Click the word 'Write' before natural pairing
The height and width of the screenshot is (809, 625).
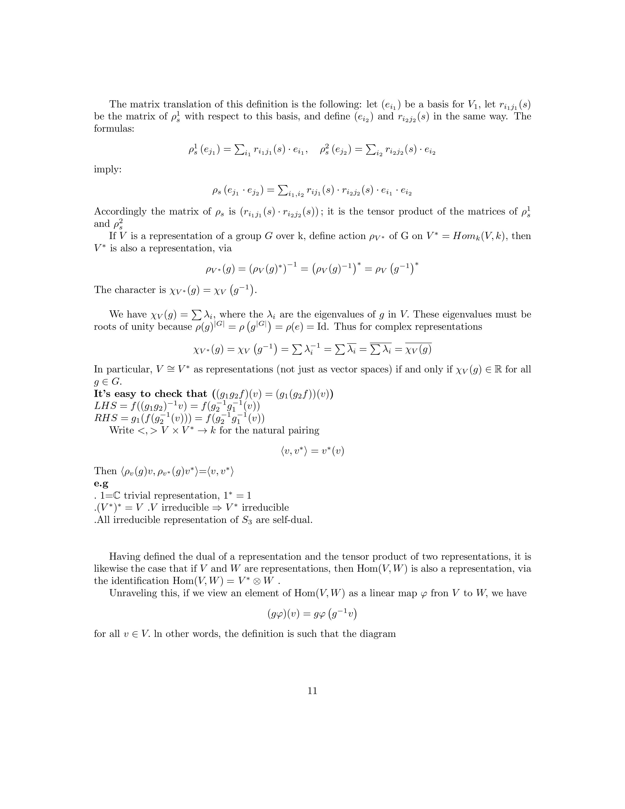(x=121, y=430)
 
